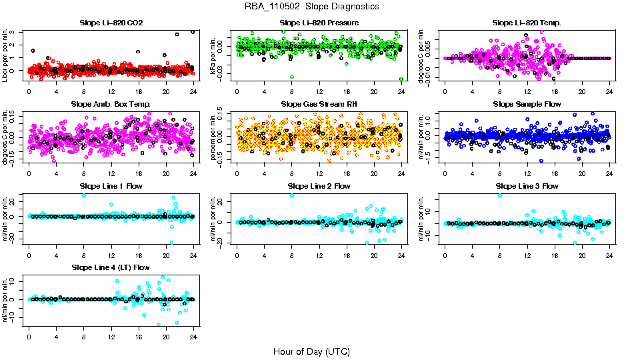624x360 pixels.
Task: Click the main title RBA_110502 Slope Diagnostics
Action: [x=311, y=6]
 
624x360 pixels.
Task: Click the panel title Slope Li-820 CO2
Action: [x=111, y=23]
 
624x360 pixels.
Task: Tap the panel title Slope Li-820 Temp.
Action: [x=527, y=23]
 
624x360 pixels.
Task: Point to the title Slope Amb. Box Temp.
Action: [x=111, y=104]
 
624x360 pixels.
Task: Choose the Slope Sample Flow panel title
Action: [x=527, y=104]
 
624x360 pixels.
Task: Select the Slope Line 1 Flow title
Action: [x=111, y=185]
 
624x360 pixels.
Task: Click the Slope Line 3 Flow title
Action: [x=527, y=185]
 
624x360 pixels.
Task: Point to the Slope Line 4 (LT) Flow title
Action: [x=111, y=267]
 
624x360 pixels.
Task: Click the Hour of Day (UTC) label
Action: [x=311, y=351]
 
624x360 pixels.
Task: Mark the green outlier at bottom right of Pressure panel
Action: [x=401, y=79]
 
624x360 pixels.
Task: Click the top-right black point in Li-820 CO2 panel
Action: [x=193, y=31]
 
